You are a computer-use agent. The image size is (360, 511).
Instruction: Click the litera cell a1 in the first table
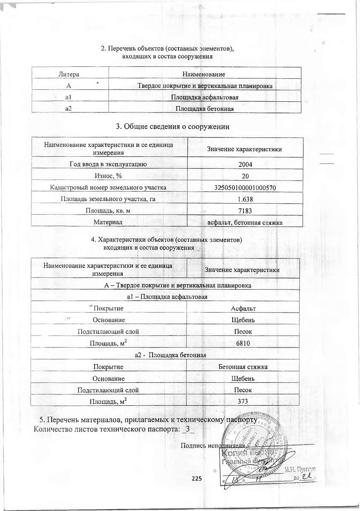68,98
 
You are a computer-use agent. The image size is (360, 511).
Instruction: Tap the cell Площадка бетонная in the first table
205,109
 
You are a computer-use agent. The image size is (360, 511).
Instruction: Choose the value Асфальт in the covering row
243,308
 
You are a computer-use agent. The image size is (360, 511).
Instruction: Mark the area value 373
243,401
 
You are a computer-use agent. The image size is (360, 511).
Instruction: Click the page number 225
196,479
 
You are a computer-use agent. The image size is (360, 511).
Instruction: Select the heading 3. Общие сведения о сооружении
173,126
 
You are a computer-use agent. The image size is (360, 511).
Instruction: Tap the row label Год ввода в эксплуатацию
108,164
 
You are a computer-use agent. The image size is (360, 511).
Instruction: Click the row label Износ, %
108,175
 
